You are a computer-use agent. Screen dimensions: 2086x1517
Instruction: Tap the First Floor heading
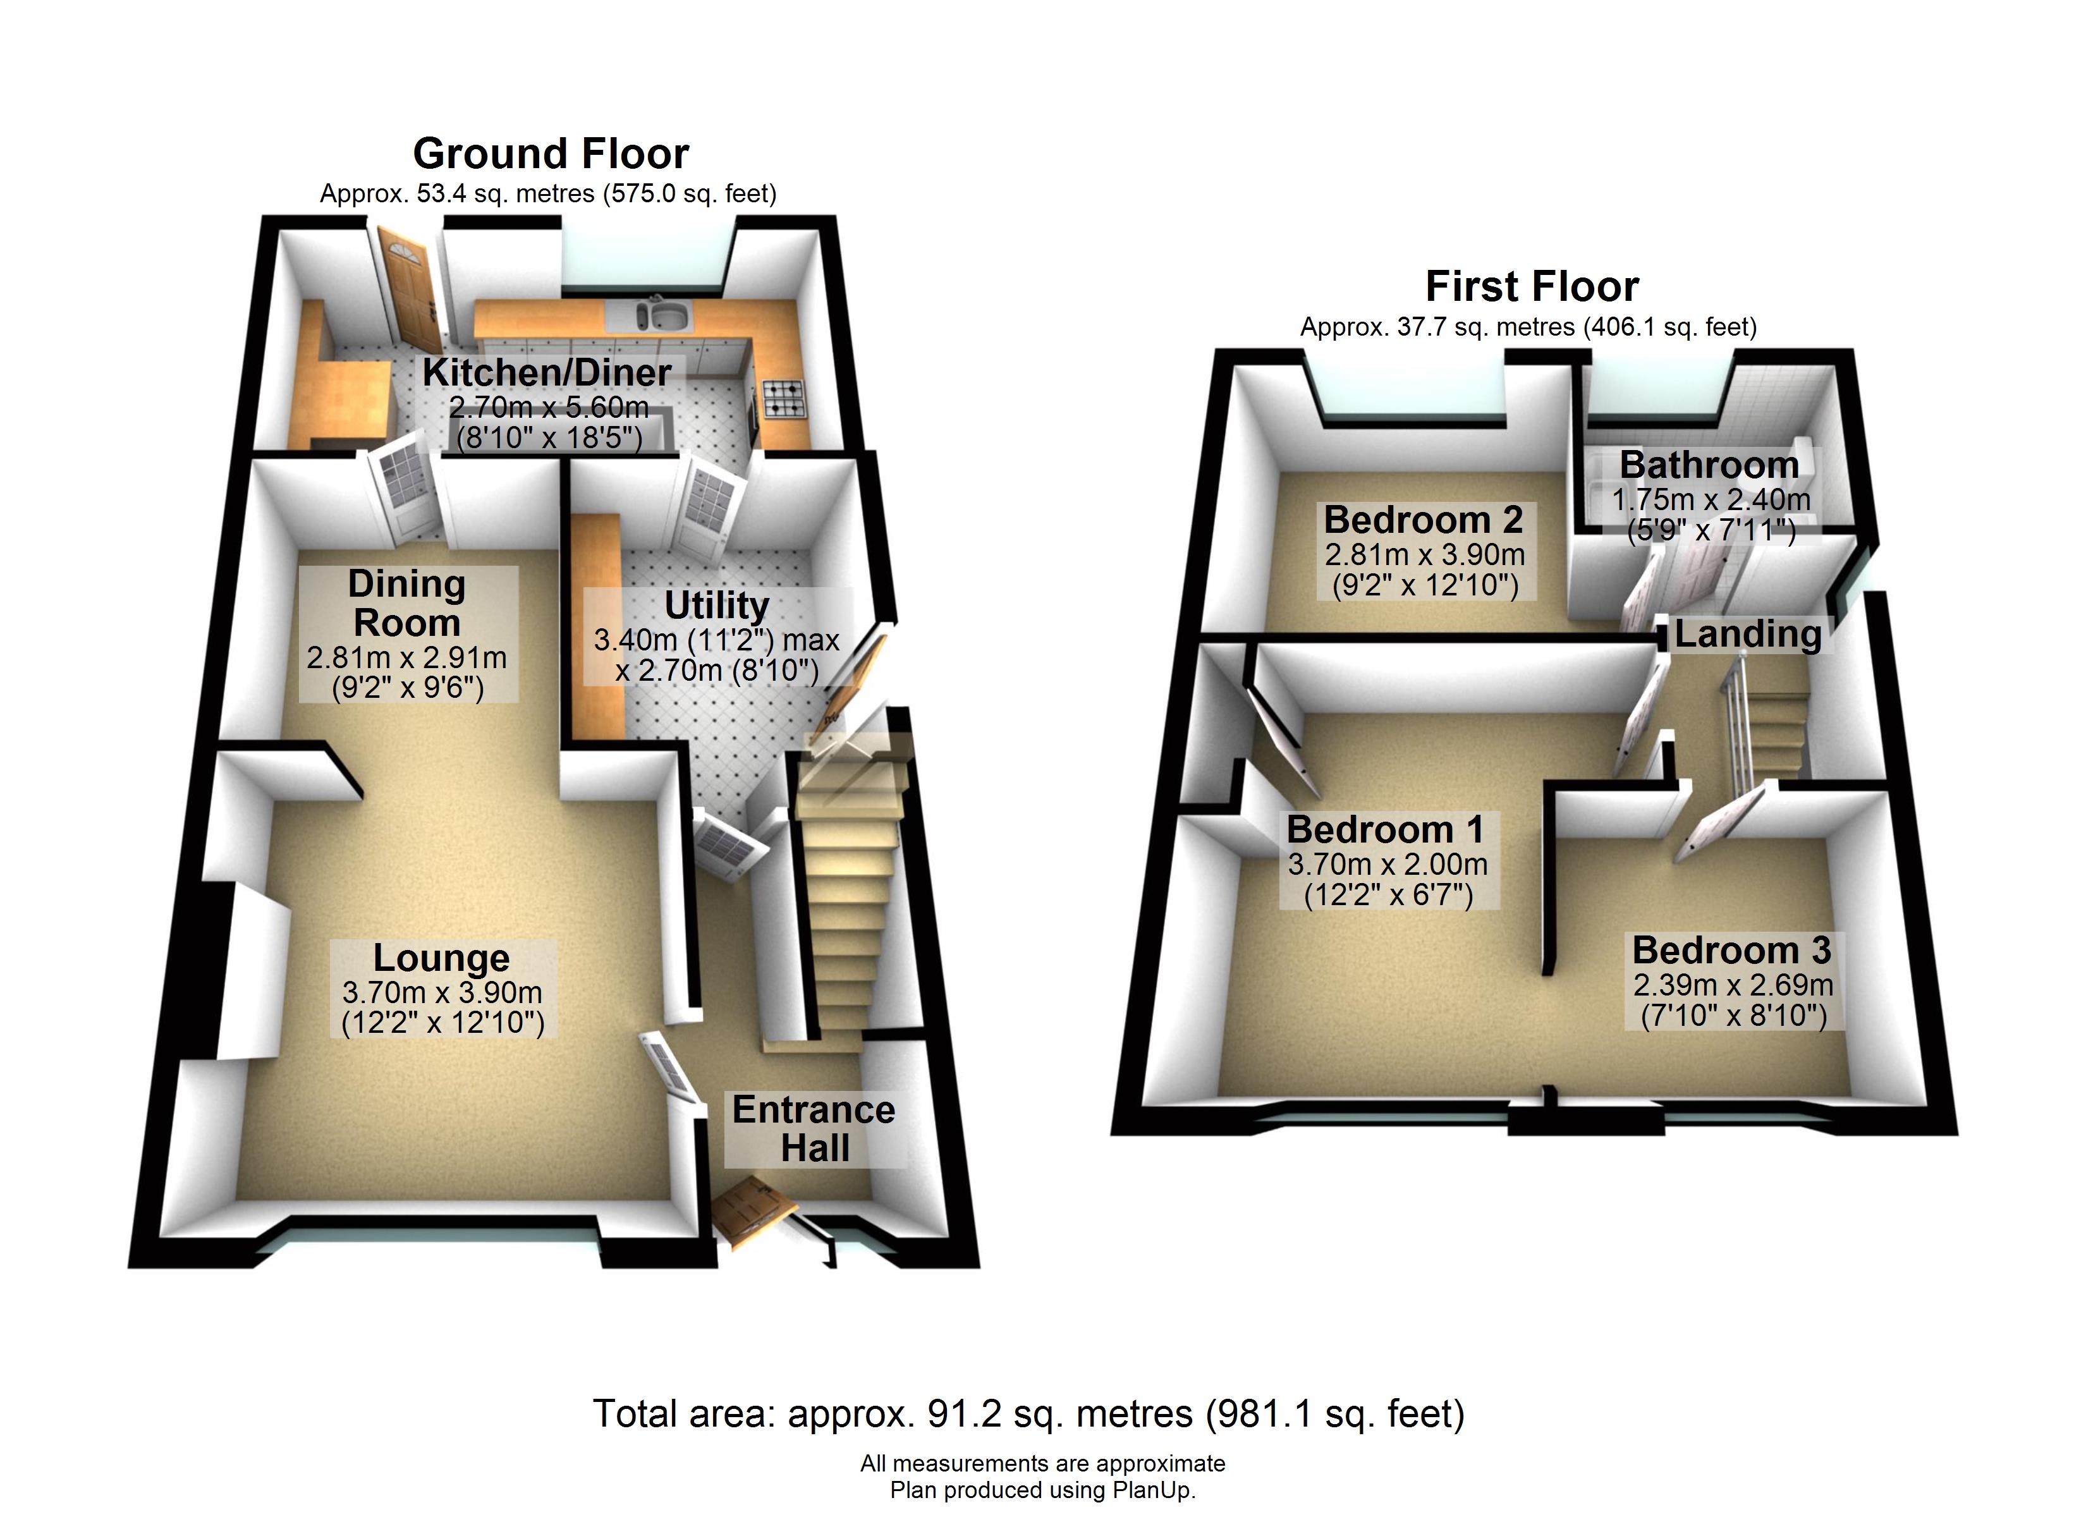point(1532,286)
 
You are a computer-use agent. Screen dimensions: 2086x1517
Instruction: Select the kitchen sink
point(665,315)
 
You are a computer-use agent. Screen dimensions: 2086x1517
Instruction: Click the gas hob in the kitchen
point(783,398)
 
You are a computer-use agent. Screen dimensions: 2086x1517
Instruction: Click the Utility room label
point(716,606)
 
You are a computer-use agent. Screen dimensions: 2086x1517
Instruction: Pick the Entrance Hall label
point(814,1129)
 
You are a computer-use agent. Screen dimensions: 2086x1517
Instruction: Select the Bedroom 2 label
point(1423,520)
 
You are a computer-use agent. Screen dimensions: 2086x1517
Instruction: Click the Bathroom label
point(1709,465)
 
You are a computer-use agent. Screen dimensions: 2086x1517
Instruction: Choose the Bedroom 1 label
point(1385,830)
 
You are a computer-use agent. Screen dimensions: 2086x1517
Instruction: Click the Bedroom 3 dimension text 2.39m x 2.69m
point(1733,985)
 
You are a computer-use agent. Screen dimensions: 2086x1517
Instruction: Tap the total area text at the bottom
point(1028,1414)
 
